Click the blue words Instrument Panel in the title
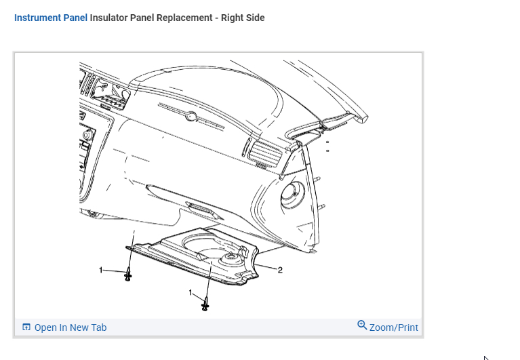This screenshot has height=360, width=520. point(51,18)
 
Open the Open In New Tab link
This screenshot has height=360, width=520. point(70,327)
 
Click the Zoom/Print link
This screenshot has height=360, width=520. point(393,327)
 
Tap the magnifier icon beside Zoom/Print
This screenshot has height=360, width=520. point(362,326)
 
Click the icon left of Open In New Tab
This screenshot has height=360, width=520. point(26,327)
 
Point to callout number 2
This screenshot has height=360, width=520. point(280,270)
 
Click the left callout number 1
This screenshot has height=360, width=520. point(101,271)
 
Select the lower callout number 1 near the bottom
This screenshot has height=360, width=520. point(191,292)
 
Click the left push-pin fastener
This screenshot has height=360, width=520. point(127,275)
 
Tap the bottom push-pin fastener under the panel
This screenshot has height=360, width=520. point(205,304)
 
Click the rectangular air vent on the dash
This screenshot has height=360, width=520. point(263,152)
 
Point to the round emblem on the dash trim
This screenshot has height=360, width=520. point(191,116)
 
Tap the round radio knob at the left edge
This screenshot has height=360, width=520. point(86,136)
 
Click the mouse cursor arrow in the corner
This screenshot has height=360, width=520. point(485,357)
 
